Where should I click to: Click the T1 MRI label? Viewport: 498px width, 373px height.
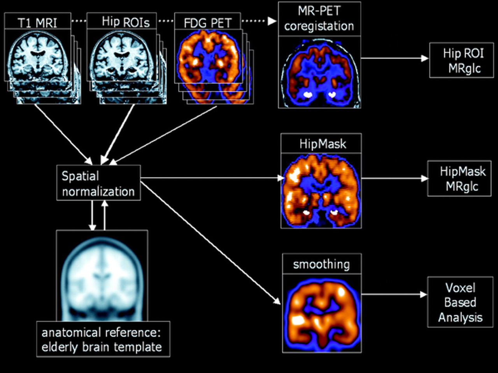point(37,23)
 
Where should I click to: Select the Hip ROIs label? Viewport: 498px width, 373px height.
point(125,22)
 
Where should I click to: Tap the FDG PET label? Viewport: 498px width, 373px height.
point(207,23)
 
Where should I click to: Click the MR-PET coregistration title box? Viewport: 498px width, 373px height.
point(319,19)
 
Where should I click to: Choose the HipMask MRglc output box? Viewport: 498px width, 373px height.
point(462,179)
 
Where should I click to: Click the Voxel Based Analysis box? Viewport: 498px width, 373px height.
point(460,302)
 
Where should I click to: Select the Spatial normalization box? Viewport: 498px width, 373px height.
point(98,183)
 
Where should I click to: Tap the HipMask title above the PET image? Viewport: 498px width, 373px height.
point(322,144)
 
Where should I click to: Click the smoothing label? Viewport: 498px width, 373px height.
point(321,264)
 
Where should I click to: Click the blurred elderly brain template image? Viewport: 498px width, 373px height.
point(102,276)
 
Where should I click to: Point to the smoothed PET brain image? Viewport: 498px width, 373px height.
point(322,313)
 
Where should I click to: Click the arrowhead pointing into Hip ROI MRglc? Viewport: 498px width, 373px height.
point(425,58)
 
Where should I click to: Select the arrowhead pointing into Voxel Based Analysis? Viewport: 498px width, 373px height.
point(423,295)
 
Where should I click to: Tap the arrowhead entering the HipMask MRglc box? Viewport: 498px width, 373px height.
point(424,179)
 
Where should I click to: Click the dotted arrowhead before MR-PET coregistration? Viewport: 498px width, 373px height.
point(272,21)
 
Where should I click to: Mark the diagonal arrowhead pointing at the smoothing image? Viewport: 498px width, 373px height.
point(277,301)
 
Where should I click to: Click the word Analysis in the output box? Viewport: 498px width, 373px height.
point(460,317)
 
